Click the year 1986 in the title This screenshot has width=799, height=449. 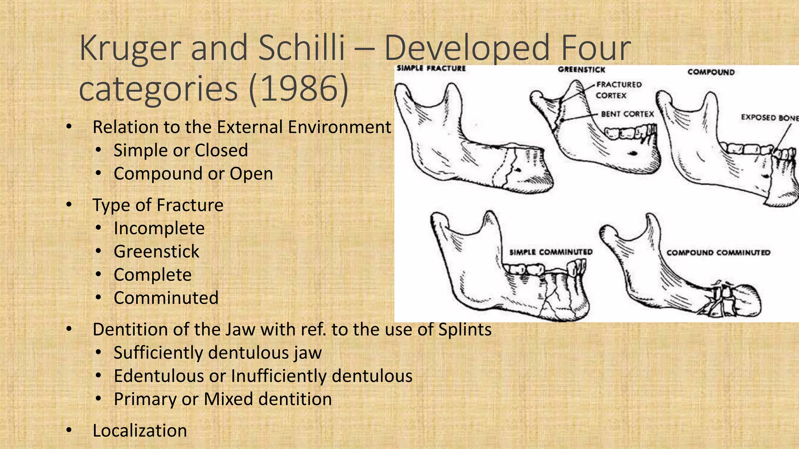(298, 89)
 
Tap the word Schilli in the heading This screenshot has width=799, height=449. (301, 48)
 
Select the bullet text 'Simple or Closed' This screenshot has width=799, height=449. (181, 150)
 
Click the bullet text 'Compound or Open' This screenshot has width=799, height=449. (193, 174)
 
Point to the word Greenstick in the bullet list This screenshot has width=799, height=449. (156, 251)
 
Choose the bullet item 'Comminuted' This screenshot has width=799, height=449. (166, 298)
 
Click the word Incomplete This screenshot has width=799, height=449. (159, 228)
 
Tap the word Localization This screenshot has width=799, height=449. (140, 431)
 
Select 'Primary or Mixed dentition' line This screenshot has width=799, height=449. (223, 400)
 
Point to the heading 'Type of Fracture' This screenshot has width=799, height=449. (158, 205)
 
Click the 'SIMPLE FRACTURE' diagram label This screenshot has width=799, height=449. (431, 68)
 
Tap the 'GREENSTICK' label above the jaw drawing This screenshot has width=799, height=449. (581, 70)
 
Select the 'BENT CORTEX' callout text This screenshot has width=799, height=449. (627, 114)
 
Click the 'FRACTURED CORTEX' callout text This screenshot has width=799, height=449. (618, 90)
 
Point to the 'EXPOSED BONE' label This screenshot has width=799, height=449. (769, 117)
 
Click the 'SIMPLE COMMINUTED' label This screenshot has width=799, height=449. (551, 252)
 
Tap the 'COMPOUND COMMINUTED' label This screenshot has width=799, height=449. (718, 253)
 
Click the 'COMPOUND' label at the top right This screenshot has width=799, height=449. (711, 72)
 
